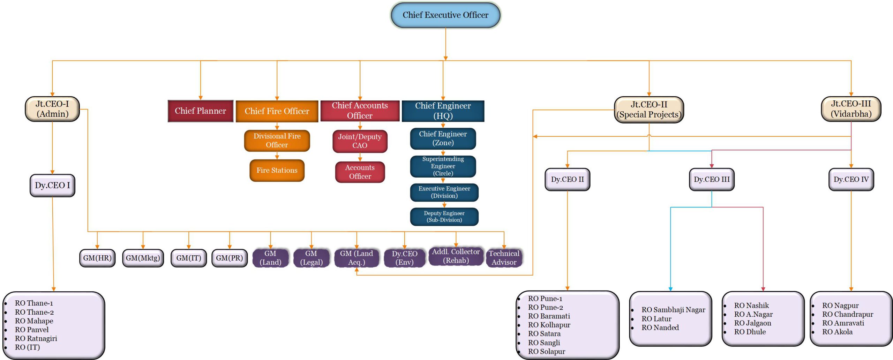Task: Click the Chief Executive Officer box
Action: [445, 15]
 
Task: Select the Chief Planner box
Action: [200, 111]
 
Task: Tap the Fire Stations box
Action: [277, 170]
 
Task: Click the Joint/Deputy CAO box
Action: [360, 141]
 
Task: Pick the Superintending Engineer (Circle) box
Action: [443, 166]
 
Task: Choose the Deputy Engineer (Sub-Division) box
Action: [444, 217]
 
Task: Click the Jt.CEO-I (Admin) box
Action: [52, 109]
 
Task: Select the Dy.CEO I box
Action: [52, 185]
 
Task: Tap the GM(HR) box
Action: [97, 258]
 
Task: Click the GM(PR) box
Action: [229, 258]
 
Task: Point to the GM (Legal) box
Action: [311, 258]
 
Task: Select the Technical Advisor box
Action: [504, 258]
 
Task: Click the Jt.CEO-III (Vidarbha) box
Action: [851, 109]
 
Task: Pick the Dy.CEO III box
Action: [712, 180]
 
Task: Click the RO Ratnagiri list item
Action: [36, 338]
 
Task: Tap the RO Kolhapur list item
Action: [549, 325]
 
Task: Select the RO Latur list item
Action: [656, 319]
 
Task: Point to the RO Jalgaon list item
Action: [752, 323]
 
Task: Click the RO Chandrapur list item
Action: [847, 314]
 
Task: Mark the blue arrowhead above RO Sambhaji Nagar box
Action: [670, 289]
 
